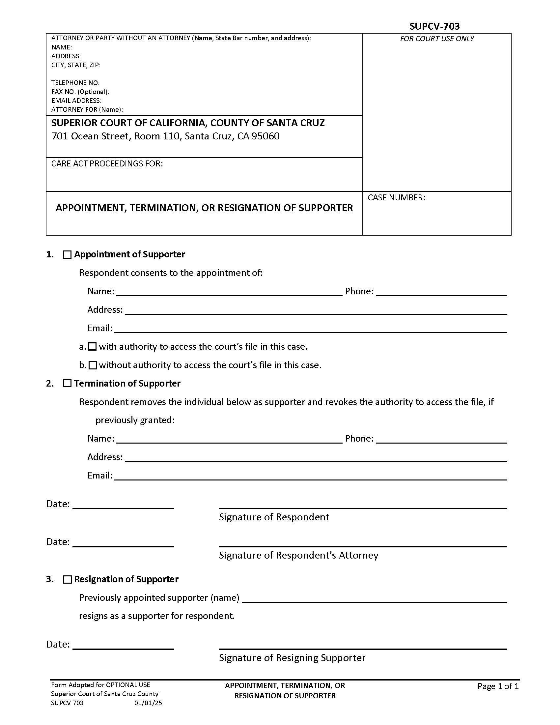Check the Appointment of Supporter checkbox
(x=67, y=255)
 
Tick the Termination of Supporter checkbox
(x=67, y=383)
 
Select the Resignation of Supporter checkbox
(x=67, y=579)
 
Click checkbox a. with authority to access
(x=93, y=347)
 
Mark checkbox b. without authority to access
(x=93, y=365)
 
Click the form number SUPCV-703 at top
(x=434, y=26)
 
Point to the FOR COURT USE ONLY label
(x=436, y=39)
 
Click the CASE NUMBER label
(x=396, y=198)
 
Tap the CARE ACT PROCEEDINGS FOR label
(x=107, y=164)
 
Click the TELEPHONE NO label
(x=75, y=83)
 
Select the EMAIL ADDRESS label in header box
(x=76, y=101)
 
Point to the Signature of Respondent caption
(x=274, y=517)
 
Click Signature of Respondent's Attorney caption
(x=298, y=555)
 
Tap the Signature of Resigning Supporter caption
(x=292, y=658)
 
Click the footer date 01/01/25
(x=148, y=703)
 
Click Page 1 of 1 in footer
(x=498, y=686)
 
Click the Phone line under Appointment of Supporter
(x=441, y=292)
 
